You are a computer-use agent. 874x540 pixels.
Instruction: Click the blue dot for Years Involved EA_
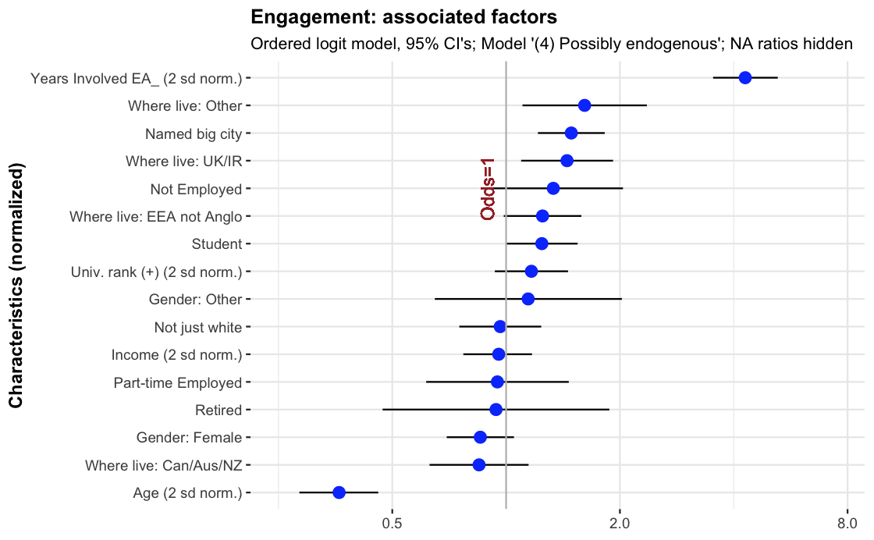(x=745, y=77)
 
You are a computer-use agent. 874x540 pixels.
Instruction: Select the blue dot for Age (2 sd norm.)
(x=339, y=492)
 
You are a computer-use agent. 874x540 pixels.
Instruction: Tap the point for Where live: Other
(x=584, y=105)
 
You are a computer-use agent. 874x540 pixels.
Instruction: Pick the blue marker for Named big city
(x=571, y=133)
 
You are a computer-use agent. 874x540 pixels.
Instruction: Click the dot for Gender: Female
(x=480, y=437)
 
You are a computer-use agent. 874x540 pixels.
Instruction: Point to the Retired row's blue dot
(x=496, y=410)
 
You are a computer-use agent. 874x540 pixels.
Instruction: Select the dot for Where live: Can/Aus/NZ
(x=479, y=464)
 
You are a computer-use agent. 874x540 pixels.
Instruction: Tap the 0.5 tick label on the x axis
(x=392, y=522)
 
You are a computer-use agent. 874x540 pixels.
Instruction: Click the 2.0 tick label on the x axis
(x=620, y=522)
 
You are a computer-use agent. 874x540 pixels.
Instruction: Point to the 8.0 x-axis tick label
(x=847, y=522)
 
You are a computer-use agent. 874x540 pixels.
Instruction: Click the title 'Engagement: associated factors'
(x=403, y=16)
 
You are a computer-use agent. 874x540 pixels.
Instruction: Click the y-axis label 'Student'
(x=217, y=244)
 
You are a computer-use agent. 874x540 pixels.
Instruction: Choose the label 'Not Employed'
(x=196, y=189)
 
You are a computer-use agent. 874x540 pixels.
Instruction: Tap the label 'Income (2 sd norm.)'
(x=176, y=355)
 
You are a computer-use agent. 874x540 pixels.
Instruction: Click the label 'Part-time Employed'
(x=178, y=382)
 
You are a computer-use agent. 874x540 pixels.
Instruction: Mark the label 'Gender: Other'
(x=195, y=300)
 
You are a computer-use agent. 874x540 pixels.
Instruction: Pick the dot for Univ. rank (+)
(x=531, y=272)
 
